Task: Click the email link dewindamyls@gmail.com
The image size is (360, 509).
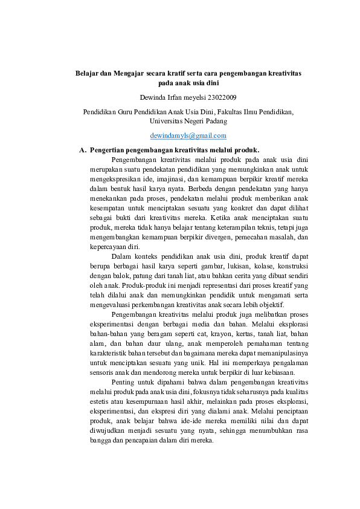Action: [x=188, y=135]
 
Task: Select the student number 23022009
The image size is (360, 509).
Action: [x=222, y=97]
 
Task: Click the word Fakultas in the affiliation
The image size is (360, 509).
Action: [x=220, y=111]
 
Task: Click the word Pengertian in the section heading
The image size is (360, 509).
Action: [x=107, y=149]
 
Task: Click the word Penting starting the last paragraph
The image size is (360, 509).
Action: [x=126, y=382]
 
